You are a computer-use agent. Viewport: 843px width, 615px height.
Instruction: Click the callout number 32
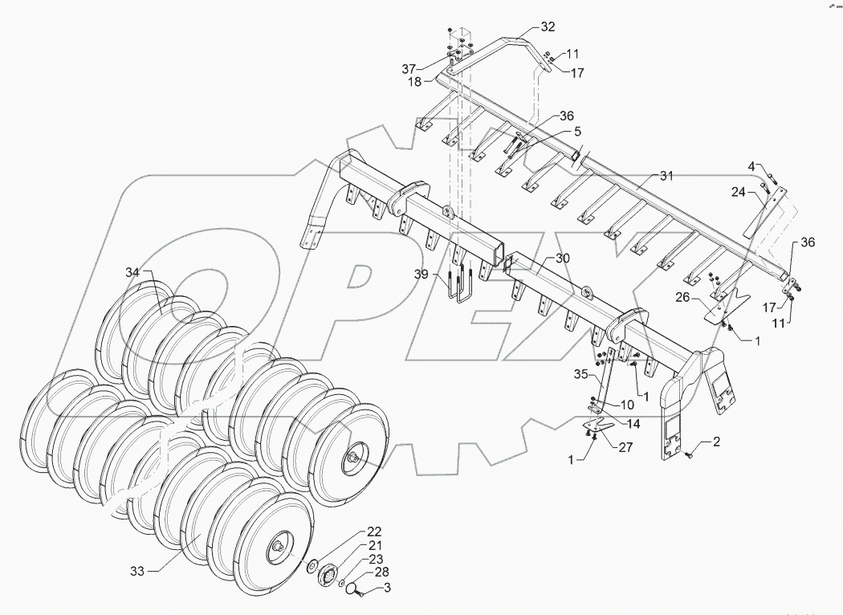(x=547, y=26)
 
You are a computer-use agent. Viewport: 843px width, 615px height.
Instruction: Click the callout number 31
(x=668, y=175)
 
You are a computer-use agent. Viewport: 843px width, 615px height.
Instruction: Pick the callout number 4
(x=751, y=166)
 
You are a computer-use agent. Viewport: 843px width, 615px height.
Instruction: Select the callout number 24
(x=739, y=192)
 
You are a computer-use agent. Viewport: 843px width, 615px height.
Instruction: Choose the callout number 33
(x=136, y=571)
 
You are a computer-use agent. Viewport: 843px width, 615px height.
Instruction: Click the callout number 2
(x=716, y=442)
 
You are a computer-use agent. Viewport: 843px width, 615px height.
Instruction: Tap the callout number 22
(x=375, y=532)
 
